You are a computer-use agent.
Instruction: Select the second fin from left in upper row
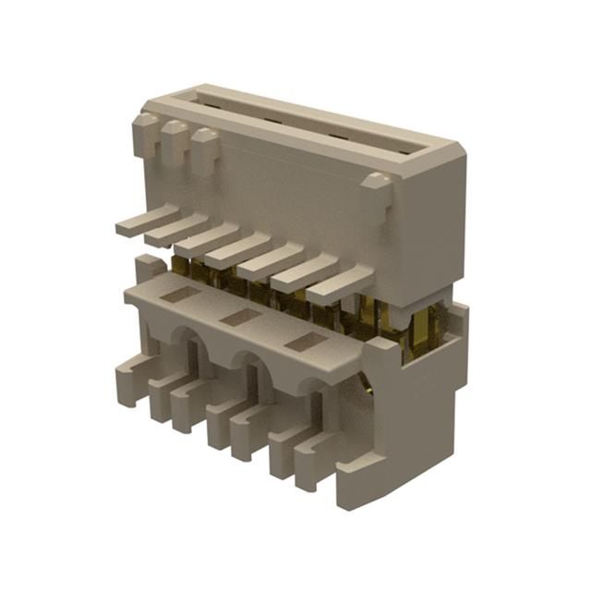click(x=175, y=229)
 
